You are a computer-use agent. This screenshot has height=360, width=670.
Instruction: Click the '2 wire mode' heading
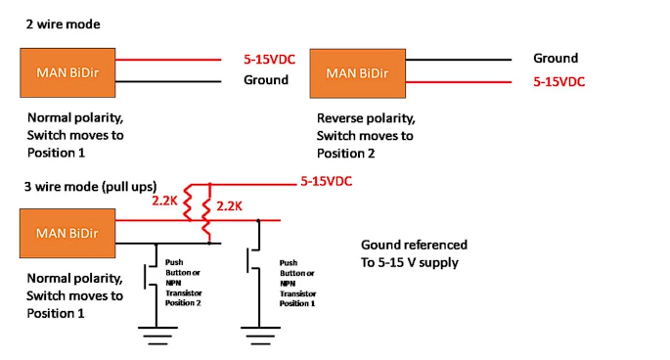coord(63,23)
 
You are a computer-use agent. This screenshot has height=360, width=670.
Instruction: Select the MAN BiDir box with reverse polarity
coord(358,73)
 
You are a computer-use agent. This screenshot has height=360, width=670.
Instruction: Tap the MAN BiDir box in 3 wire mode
coord(67,234)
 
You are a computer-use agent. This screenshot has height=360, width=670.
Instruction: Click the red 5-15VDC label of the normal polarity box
coord(269,59)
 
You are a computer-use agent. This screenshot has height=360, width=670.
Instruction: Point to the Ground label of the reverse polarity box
coord(556,58)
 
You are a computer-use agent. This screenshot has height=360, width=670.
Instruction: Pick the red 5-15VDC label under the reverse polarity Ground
coord(558,81)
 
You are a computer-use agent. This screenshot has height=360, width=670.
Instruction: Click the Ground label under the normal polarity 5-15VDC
coord(266,80)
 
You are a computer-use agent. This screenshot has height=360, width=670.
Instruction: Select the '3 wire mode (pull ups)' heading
coord(91,187)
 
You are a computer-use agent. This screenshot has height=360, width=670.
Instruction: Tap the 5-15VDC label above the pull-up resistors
coord(326,181)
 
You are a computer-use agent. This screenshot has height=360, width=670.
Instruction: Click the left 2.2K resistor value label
coord(164,201)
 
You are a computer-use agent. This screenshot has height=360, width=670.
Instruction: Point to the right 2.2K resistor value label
coord(229,206)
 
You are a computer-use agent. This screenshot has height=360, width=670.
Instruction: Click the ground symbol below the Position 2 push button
coord(157,336)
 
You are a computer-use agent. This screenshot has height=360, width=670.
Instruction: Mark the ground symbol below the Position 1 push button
coord(260,336)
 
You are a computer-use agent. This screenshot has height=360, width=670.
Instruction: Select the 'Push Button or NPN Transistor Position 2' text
coord(183,283)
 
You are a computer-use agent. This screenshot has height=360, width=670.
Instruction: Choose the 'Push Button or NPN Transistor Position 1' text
coord(297,283)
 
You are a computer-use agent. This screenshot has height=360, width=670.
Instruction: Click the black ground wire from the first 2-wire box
coord(168,81)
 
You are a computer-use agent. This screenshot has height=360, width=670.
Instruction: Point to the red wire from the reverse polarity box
coord(459,81)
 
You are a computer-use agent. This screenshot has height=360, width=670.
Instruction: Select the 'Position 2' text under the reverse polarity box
coord(345,153)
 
